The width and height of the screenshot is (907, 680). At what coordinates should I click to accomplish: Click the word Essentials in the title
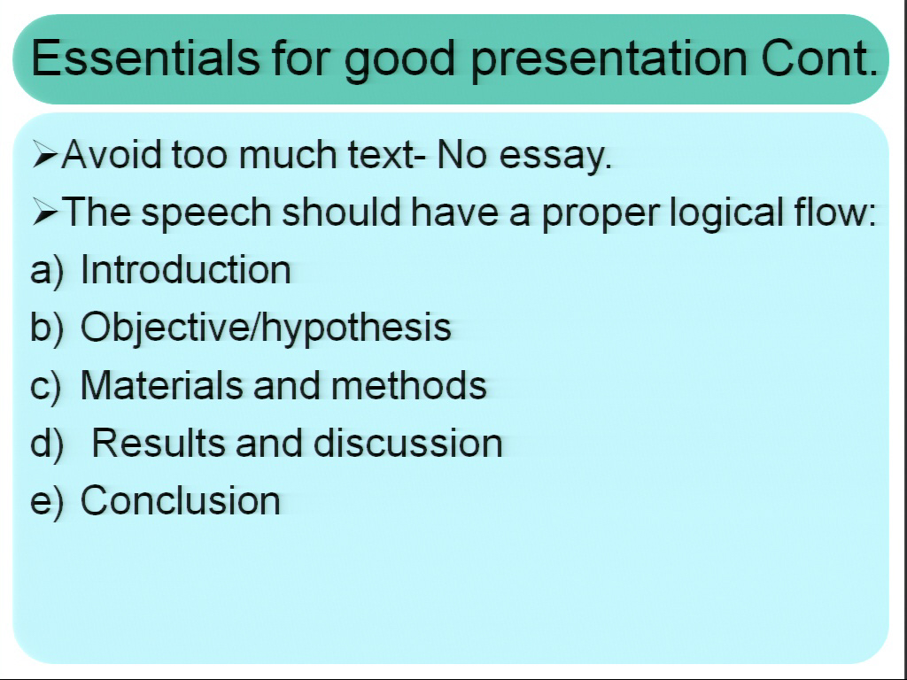pos(145,58)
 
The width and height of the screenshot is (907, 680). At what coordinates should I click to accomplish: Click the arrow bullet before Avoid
pos(45,154)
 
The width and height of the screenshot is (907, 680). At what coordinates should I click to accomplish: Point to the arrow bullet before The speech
pos(45,212)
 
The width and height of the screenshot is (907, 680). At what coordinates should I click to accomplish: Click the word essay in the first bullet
pos(555,157)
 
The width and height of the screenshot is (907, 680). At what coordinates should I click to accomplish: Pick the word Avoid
pos(111,154)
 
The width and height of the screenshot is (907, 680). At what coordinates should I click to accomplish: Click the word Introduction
pos(186,269)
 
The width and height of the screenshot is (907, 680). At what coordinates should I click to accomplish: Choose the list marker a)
pos(47,271)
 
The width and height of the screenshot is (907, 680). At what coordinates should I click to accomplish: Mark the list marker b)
pos(47,328)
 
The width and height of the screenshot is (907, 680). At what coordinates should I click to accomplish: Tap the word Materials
pos(161,385)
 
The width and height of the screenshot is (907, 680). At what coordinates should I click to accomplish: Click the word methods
pos(409,385)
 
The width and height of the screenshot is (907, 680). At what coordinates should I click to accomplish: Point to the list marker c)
pos(46,387)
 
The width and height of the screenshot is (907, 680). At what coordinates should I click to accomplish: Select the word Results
pos(158,443)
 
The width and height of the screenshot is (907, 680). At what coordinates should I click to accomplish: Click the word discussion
pos(407,443)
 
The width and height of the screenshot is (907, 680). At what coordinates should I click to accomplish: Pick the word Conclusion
pos(181,500)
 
